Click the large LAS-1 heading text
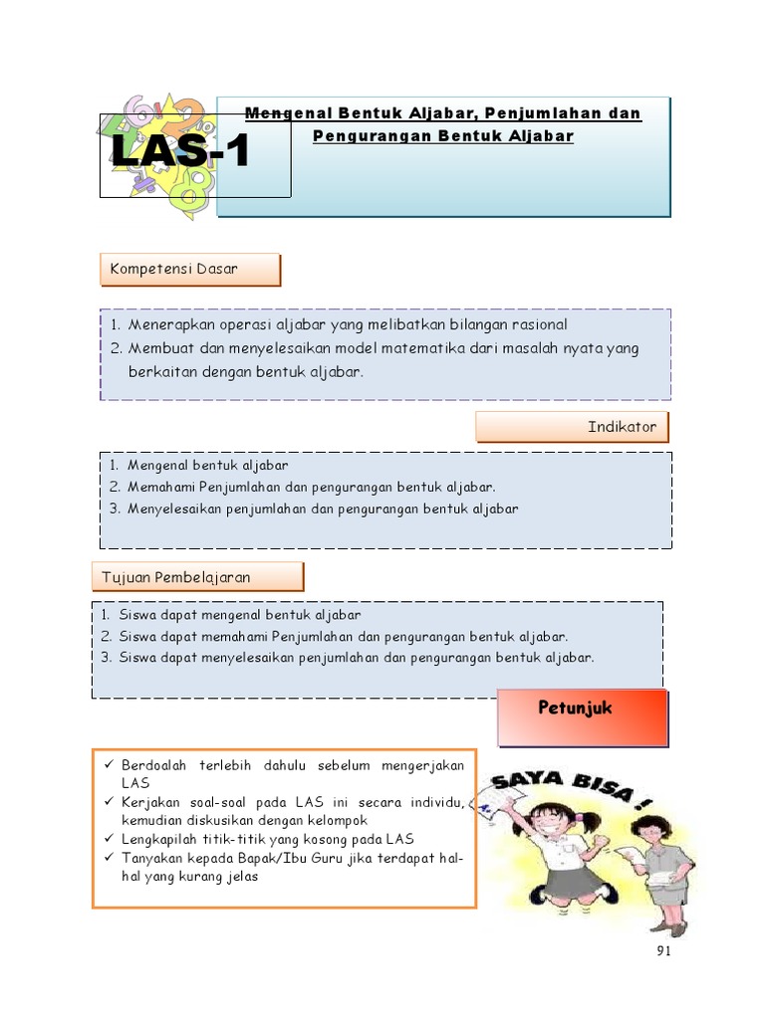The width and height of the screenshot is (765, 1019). (180, 154)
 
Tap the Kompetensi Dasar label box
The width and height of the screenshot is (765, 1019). (190, 270)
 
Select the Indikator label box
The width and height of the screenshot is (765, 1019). (572, 427)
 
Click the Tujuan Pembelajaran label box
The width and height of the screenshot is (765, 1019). (198, 577)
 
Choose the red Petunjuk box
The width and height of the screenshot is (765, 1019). (583, 717)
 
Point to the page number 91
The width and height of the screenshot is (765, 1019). (664, 952)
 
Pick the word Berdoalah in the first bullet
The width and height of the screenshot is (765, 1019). (154, 765)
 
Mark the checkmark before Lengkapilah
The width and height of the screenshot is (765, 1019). (107, 839)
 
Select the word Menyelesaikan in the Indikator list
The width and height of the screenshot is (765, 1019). (174, 509)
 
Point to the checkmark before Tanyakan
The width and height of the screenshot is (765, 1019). (107, 858)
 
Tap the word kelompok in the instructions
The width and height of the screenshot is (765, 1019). (336, 820)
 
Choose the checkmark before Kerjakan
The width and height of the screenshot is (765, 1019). (107, 802)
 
